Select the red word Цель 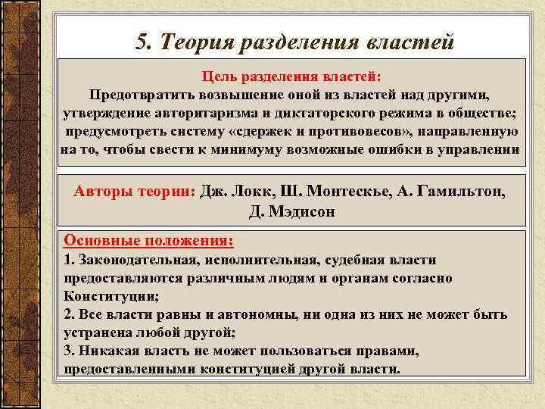pos(221,77)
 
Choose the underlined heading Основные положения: pos(148,240)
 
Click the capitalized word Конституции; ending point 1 pos(111,295)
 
